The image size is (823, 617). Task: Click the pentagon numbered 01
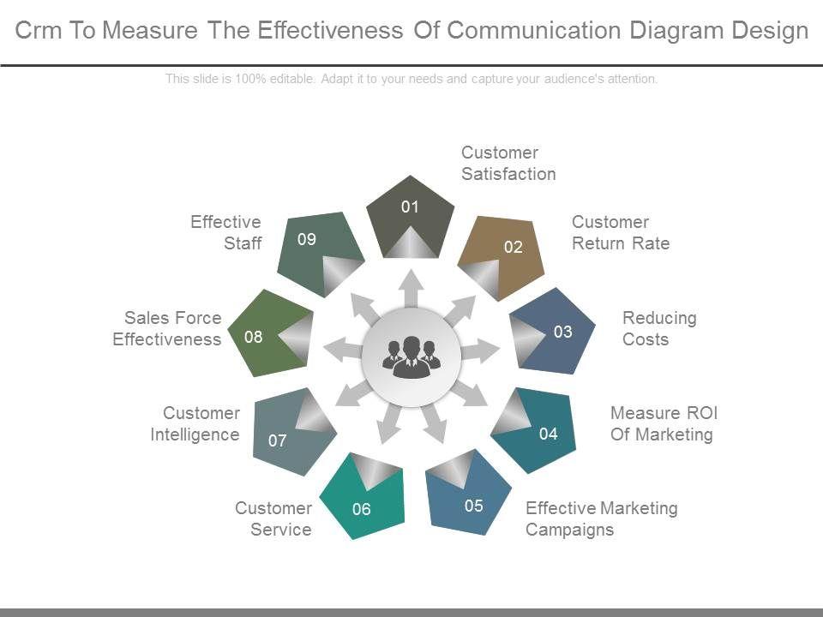point(410,216)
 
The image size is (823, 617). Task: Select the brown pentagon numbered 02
point(503,255)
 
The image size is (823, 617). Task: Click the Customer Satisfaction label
point(508,163)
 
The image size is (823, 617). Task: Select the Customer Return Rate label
point(621,232)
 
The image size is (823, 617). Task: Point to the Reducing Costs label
point(659,328)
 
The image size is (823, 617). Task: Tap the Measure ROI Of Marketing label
point(664,423)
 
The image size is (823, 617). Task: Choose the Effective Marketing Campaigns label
point(601,518)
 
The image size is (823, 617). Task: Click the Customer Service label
point(273,518)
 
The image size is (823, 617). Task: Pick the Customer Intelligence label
point(195,423)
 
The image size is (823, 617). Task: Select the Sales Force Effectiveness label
point(167,328)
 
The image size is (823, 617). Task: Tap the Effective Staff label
point(226,232)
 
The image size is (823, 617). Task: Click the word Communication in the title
point(535,31)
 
